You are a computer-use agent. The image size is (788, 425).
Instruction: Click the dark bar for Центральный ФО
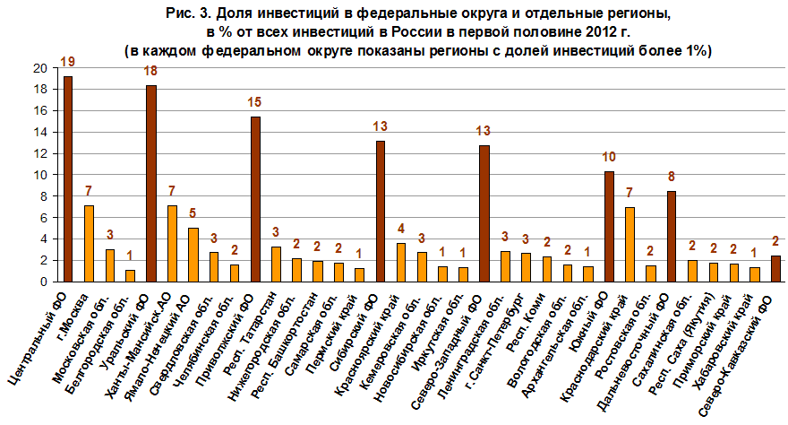[x=68, y=179]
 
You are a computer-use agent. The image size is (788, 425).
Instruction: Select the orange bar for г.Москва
[x=89, y=243]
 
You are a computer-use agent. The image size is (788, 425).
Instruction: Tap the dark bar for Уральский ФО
[x=151, y=184]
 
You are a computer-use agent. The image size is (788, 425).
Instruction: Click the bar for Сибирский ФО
[x=381, y=212]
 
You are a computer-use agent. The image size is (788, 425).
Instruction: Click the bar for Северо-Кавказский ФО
[x=775, y=268]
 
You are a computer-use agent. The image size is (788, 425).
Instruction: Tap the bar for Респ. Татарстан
[x=277, y=264]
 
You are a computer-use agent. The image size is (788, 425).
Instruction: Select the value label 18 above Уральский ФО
[x=151, y=71]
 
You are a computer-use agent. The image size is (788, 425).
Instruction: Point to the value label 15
[x=255, y=102]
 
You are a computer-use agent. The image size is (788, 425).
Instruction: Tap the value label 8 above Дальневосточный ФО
[x=672, y=177]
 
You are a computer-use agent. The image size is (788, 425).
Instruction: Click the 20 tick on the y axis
[x=42, y=68]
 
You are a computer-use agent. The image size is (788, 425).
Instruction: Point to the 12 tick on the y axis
[x=42, y=153]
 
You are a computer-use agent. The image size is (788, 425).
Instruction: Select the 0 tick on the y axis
[x=46, y=282]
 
